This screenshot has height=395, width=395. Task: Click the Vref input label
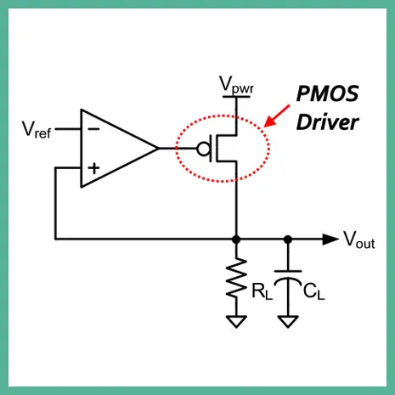pyautogui.click(x=37, y=130)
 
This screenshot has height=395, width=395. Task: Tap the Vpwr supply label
pyautogui.click(x=237, y=85)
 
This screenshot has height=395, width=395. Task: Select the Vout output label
pyautogui.click(x=359, y=240)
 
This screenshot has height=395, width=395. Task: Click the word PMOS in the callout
pyautogui.click(x=327, y=93)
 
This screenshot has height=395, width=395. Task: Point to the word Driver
pyautogui.click(x=327, y=122)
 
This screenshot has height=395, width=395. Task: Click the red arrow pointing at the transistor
pyautogui.click(x=277, y=116)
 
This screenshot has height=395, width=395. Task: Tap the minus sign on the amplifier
pyautogui.click(x=93, y=129)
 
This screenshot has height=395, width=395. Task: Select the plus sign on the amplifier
pyautogui.click(x=93, y=168)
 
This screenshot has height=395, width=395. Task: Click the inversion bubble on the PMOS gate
pyautogui.click(x=204, y=149)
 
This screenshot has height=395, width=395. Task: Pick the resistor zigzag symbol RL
pyautogui.click(x=236, y=278)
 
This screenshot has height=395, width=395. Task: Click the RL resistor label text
pyautogui.click(x=262, y=291)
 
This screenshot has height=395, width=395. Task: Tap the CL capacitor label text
pyautogui.click(x=313, y=291)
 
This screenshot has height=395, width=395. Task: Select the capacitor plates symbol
pyautogui.click(x=288, y=276)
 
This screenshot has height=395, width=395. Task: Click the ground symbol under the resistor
pyautogui.click(x=236, y=322)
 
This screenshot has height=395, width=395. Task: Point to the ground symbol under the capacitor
pyautogui.click(x=288, y=322)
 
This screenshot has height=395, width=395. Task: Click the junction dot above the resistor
pyautogui.click(x=236, y=240)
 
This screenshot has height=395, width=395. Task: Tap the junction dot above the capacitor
pyautogui.click(x=288, y=240)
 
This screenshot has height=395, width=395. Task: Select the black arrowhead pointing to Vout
pyautogui.click(x=330, y=240)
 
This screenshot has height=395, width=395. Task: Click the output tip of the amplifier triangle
pyautogui.click(x=159, y=148)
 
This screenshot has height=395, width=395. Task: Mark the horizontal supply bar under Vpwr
pyautogui.click(x=236, y=97)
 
